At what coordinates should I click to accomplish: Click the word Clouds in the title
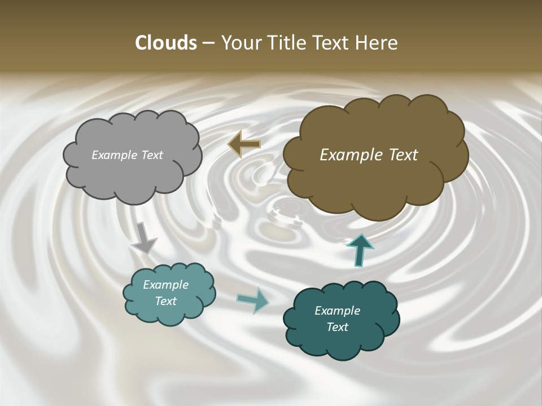click(x=165, y=43)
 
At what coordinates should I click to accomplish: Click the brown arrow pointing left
click(x=244, y=144)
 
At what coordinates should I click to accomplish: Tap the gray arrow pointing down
click(x=144, y=238)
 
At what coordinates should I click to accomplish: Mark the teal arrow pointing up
click(x=360, y=250)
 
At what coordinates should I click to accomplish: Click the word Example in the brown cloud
click(x=348, y=155)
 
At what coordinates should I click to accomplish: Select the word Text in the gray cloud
click(x=152, y=155)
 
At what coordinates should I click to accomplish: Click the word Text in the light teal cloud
click(x=166, y=301)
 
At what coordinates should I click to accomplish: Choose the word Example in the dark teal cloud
click(x=337, y=311)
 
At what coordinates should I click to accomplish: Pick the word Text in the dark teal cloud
click(x=337, y=327)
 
